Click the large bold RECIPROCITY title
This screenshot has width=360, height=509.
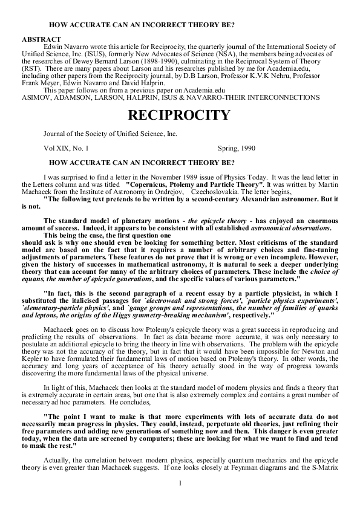tap(180, 115)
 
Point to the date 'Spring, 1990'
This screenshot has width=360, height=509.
tap(236, 148)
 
